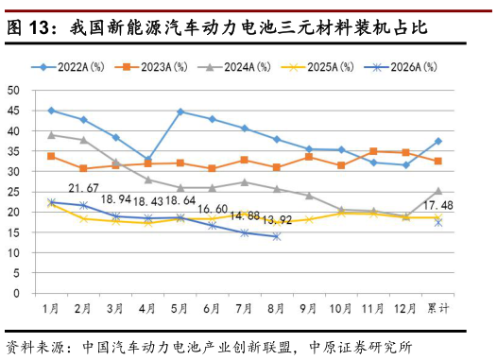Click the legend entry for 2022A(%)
point(68,67)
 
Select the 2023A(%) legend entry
point(151,67)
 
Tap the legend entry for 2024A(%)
point(234,67)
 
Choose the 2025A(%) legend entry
point(317,67)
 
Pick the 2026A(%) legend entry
point(401,67)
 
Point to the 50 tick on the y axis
point(13,91)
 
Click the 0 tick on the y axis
point(16,294)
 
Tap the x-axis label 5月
point(180,308)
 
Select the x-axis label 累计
point(438,308)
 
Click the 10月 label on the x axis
point(340,308)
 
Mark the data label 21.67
point(83,188)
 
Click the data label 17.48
point(438,206)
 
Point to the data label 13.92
point(277,219)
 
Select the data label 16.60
point(213,209)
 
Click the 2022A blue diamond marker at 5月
point(180,111)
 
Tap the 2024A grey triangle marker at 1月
point(51,135)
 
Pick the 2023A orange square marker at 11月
point(373,151)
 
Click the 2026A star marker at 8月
point(277,236)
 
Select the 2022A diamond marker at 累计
point(438,142)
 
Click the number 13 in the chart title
point(39,28)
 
